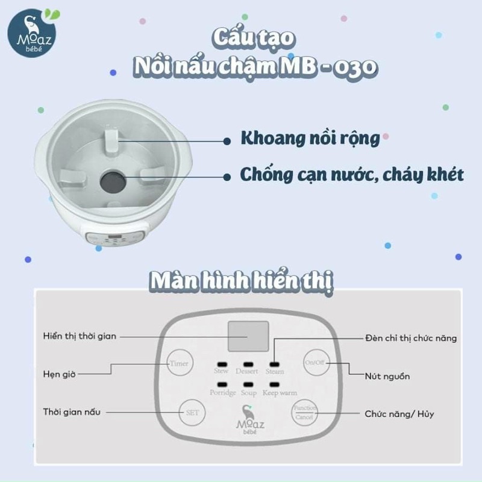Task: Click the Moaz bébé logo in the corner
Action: (x=33, y=33)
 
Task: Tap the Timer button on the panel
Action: (x=180, y=363)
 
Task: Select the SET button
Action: (x=192, y=413)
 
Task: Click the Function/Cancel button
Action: (x=304, y=413)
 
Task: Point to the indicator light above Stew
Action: (x=222, y=365)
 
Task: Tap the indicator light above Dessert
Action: (x=248, y=365)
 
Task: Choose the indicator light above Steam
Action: (x=274, y=365)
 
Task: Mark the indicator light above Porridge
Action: (x=222, y=384)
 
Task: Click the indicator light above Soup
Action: (x=248, y=384)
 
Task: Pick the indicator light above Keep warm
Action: (x=274, y=384)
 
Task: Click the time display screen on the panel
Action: (x=248, y=336)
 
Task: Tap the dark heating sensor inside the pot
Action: (x=113, y=181)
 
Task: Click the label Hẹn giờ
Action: (x=59, y=374)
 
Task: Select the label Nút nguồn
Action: (x=387, y=376)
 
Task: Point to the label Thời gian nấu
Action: (x=72, y=412)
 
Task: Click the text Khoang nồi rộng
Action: (x=310, y=139)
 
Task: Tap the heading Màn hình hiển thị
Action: (x=242, y=281)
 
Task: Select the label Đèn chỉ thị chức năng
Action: (x=411, y=338)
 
